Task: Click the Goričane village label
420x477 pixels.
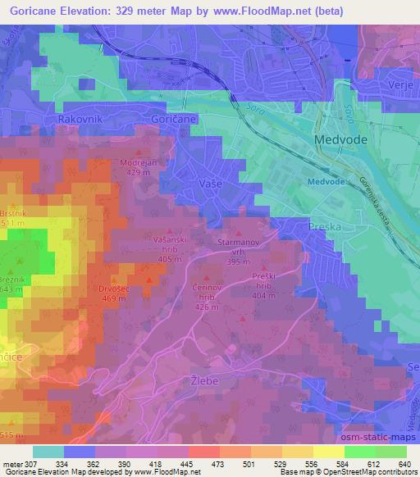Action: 171,120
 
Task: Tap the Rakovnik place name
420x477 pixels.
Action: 79,120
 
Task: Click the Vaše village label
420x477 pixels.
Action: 211,185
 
